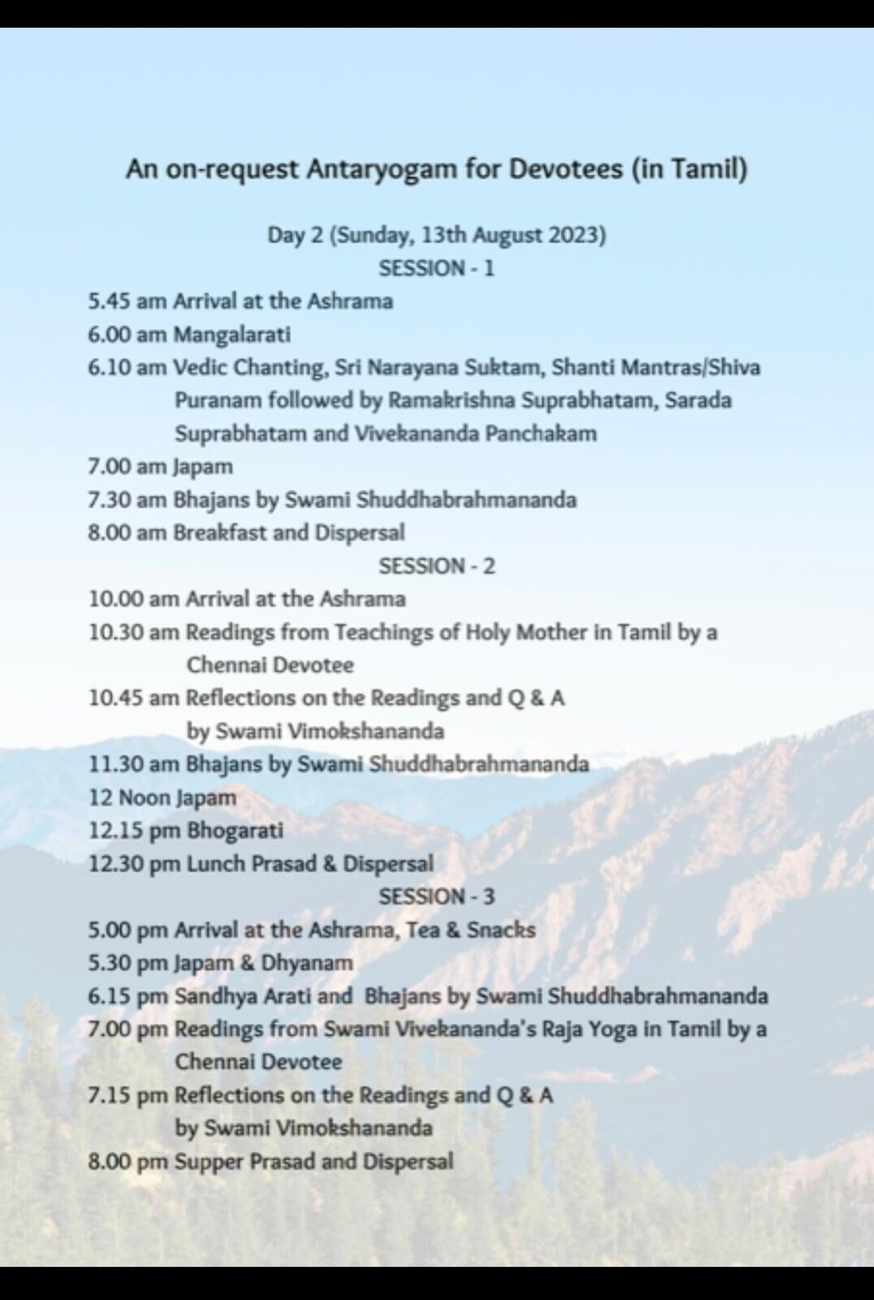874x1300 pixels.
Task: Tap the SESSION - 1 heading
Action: point(436,268)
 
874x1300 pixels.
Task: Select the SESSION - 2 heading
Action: point(436,565)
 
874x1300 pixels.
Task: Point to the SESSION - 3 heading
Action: point(436,896)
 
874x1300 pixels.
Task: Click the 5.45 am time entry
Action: point(128,301)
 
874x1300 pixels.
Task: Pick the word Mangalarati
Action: point(232,335)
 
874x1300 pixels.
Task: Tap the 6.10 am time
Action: point(128,368)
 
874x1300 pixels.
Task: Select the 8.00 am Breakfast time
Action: point(128,533)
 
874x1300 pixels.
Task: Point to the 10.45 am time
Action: point(134,698)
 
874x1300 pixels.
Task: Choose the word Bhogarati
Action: point(236,830)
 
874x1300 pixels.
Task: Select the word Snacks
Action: point(501,929)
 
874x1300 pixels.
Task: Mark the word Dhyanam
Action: point(307,963)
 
